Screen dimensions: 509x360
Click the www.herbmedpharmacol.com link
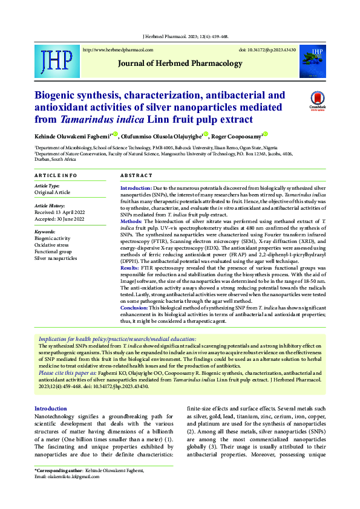tap(117, 50)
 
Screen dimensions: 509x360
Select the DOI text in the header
tap(267, 50)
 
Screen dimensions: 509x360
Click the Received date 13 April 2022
tap(60, 213)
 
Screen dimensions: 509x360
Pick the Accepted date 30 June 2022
tap(60, 219)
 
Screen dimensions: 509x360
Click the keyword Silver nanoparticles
tap(56, 258)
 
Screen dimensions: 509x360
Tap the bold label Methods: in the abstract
tap(131, 222)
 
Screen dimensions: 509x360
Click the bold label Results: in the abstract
tap(130, 267)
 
